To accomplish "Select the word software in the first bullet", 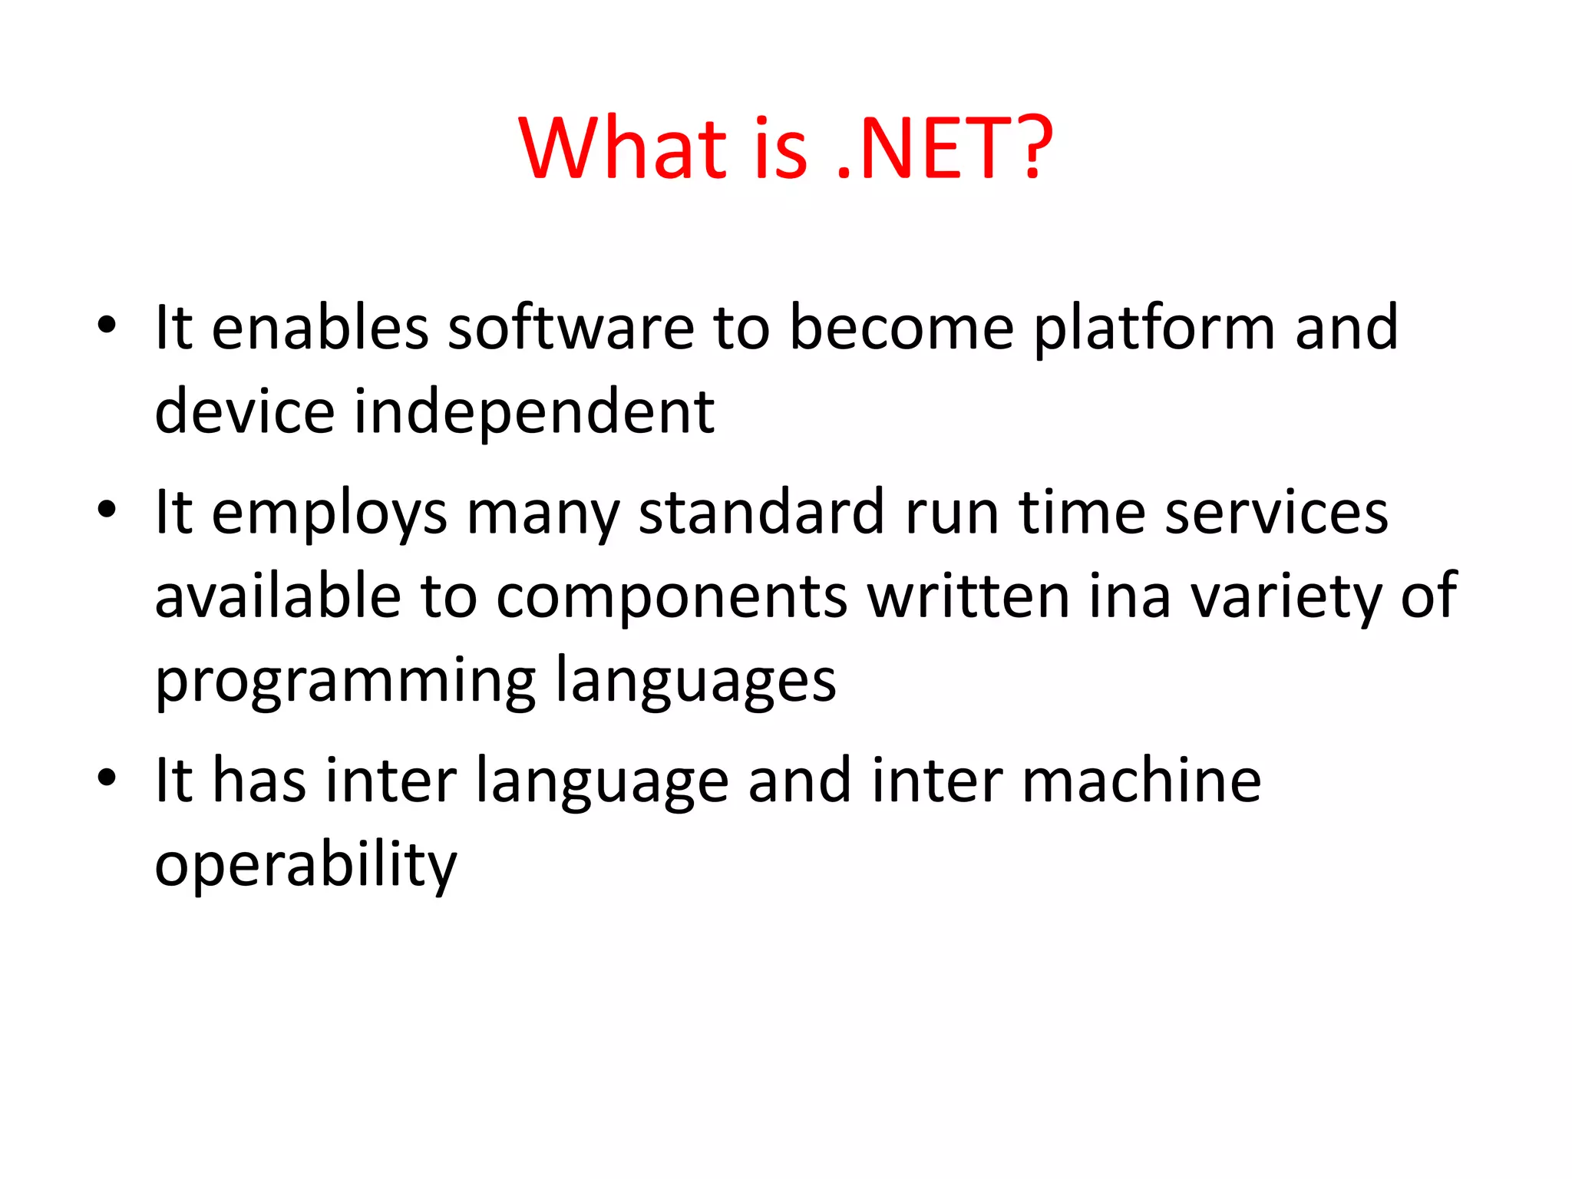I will pyautogui.click(x=571, y=328).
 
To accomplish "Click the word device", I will pyautogui.click(x=244, y=411).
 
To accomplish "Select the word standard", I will pyautogui.click(x=762, y=513).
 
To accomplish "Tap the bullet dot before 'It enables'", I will pyautogui.click(x=107, y=325).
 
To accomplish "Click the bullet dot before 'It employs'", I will pyautogui.click(x=107, y=510).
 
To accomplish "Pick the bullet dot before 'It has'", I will pyautogui.click(x=107, y=778).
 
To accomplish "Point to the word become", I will pyautogui.click(x=902, y=328).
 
